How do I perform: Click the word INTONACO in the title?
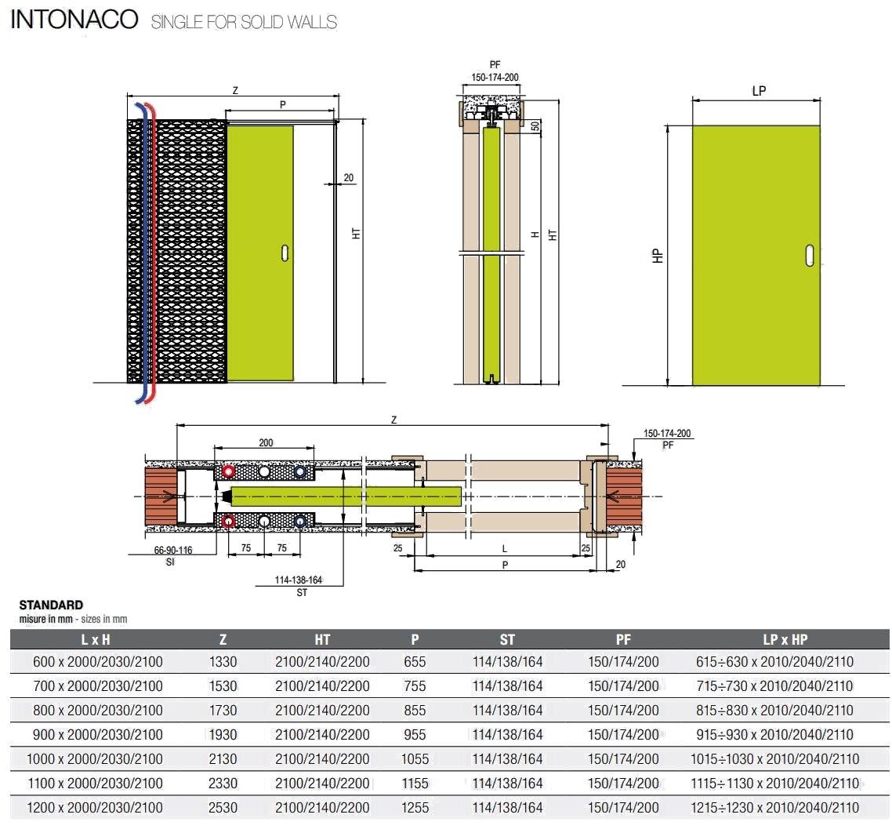[x=74, y=20]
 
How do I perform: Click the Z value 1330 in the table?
[x=223, y=662]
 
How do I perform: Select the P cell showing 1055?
[x=415, y=759]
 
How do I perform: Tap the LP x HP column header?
[x=785, y=639]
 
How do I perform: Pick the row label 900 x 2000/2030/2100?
[x=98, y=735]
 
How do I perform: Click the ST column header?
[x=507, y=639]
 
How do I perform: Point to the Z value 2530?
[x=223, y=808]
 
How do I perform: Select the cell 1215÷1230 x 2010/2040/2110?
[x=774, y=808]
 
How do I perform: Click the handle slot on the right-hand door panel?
[x=810, y=256]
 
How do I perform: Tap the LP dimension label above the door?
[x=759, y=91]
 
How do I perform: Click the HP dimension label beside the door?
[x=658, y=256]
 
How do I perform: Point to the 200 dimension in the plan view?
[x=266, y=442]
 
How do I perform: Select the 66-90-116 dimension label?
[x=173, y=550]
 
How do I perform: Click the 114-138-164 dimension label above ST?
[x=299, y=580]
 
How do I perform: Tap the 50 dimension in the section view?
[x=535, y=126]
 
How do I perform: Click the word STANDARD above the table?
[x=51, y=605]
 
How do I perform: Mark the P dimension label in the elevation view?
[x=283, y=105]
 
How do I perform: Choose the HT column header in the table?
[x=323, y=639]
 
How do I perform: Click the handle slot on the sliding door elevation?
[x=285, y=253]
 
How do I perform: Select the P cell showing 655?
[x=415, y=662]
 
